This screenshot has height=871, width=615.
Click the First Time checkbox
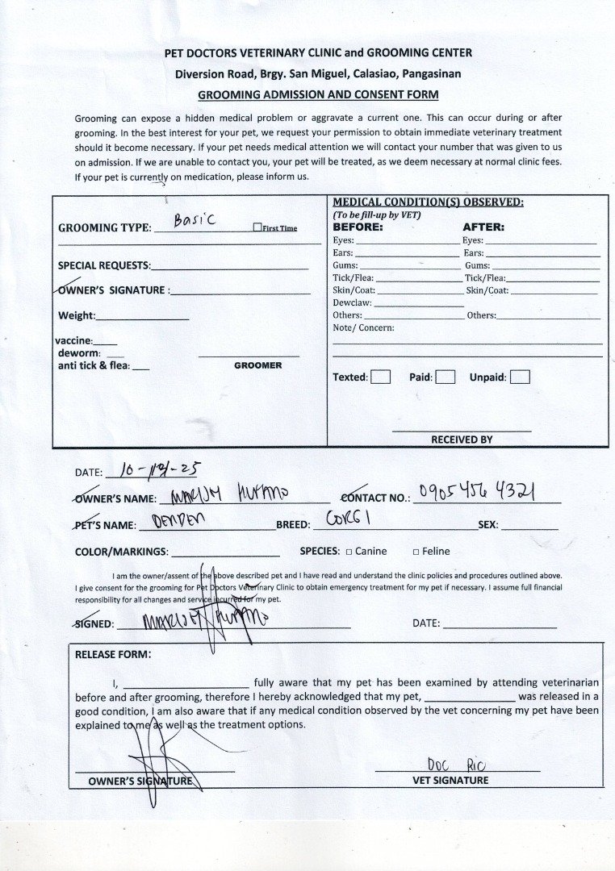(x=257, y=228)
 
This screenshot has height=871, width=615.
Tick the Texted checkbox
(x=381, y=377)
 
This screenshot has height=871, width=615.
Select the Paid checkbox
(x=446, y=377)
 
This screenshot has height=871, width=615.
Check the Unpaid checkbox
(x=520, y=377)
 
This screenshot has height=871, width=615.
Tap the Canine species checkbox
(x=349, y=552)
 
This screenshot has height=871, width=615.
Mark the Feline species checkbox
(x=416, y=552)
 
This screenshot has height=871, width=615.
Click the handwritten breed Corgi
(x=348, y=518)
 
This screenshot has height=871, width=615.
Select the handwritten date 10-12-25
(x=158, y=469)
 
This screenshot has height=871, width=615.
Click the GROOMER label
(x=257, y=365)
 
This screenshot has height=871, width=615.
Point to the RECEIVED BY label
(x=461, y=440)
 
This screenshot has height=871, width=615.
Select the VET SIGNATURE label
(x=450, y=780)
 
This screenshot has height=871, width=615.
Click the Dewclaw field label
(x=352, y=302)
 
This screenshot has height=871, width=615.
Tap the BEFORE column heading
(x=358, y=227)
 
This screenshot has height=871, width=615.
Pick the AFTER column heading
(x=483, y=227)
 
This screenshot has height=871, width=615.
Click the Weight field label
(x=77, y=315)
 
